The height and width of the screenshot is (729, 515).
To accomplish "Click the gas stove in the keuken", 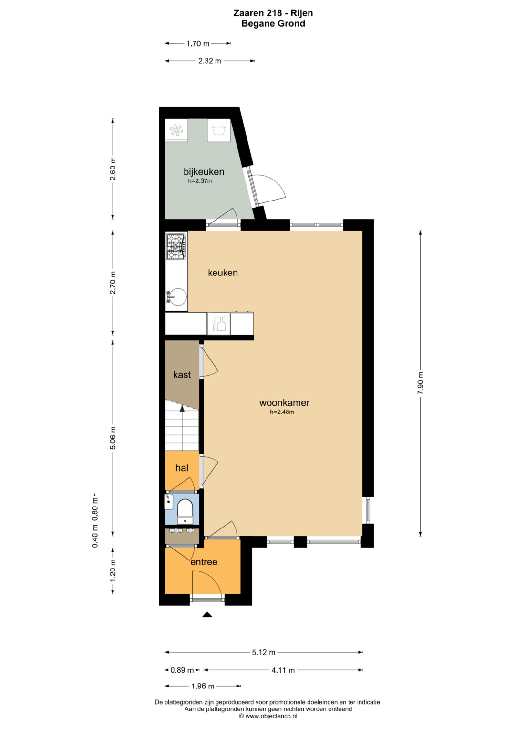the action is [176, 246].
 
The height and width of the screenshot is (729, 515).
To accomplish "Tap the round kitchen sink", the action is [177, 296].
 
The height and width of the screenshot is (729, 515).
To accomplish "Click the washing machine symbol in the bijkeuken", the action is [218, 130].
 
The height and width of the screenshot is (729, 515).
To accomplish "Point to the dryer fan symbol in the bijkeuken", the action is [176, 130].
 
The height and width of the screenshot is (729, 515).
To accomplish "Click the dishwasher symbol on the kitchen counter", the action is [219, 323].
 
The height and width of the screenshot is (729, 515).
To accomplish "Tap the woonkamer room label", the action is [284, 402].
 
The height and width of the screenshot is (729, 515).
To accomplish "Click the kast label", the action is [182, 375].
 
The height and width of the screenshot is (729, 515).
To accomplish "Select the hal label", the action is [182, 468].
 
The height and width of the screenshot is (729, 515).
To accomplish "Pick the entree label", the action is [204, 571].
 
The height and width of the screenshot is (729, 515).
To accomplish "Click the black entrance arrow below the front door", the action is [207, 614].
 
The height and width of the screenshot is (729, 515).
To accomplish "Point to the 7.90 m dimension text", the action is [421, 383].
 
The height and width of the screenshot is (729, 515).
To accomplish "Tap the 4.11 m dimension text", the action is [283, 670].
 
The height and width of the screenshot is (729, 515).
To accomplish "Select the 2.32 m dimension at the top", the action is [210, 61].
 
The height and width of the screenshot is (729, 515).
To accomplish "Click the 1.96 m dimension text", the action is [203, 686].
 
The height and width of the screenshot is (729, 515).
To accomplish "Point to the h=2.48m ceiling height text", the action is [282, 412].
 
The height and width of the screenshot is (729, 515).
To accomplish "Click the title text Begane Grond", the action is [273, 23].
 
